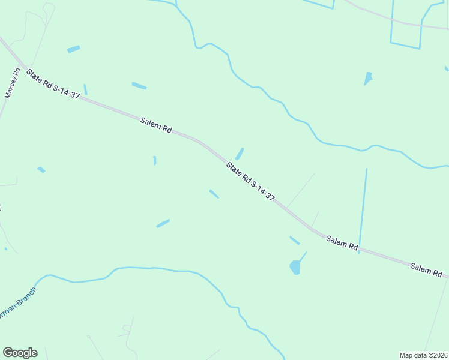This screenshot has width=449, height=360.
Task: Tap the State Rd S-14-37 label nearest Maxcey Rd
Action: (53, 84)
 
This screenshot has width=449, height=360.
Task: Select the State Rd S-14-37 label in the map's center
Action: (250, 181)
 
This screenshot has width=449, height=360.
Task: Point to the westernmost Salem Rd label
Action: (156, 125)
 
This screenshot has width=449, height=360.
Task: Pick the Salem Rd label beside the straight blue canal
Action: (342, 242)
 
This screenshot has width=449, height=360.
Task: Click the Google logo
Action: (20, 353)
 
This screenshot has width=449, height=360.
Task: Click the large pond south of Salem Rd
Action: (295, 266)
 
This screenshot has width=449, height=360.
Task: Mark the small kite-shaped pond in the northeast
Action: (368, 78)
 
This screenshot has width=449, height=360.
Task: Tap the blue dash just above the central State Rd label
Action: (240, 154)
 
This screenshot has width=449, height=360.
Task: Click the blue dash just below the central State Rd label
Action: (214, 194)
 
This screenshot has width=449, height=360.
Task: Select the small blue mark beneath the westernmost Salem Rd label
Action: (155, 160)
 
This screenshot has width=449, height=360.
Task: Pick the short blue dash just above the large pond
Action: (295, 240)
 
